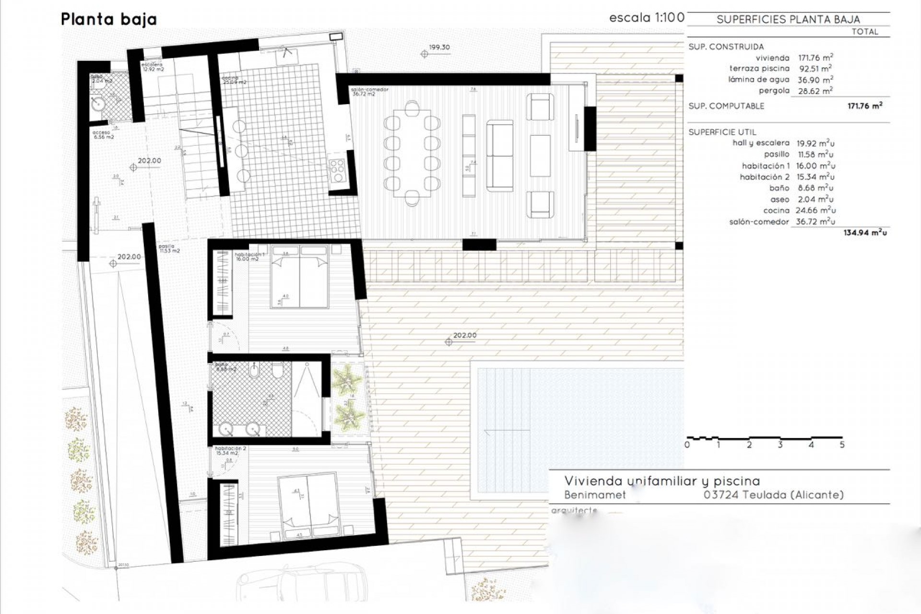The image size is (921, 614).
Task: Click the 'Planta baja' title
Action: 109,19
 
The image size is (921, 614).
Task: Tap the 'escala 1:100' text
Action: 646,18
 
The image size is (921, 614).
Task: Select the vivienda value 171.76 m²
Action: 815,58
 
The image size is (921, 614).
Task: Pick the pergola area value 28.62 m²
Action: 815,91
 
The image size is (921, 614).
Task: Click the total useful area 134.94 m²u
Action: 865,233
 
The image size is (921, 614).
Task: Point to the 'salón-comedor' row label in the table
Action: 759,222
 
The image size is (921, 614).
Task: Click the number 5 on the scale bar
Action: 842,445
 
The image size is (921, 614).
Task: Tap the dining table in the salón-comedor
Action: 412,153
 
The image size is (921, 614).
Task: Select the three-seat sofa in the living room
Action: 500,156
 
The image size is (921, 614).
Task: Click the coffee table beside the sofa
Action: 540,156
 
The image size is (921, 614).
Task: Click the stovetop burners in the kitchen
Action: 338,171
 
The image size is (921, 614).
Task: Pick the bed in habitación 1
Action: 300,276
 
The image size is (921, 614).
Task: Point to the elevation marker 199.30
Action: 439,47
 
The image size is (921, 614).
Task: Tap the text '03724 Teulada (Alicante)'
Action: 773,495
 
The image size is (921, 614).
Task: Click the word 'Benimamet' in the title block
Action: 595,495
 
